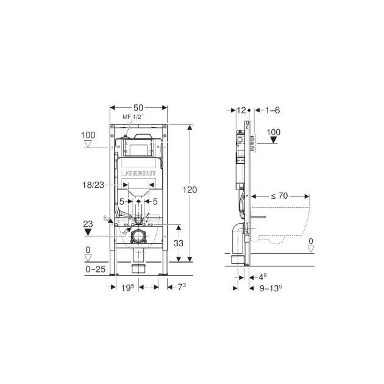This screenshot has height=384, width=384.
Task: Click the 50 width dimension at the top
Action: [138, 108]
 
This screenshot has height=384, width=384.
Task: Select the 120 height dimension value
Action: [190, 190]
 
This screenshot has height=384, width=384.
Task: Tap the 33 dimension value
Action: [179, 243]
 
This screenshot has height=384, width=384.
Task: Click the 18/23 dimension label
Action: [93, 185]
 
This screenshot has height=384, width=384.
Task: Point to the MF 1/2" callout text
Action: [133, 117]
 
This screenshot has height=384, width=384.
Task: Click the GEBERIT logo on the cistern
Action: [139, 173]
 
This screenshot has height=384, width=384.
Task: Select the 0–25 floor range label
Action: [96, 269]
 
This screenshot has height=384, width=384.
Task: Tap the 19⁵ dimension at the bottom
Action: [128, 288]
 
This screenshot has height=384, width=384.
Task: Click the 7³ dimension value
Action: [182, 286]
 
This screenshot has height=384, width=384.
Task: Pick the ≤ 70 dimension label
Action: [279, 196]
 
